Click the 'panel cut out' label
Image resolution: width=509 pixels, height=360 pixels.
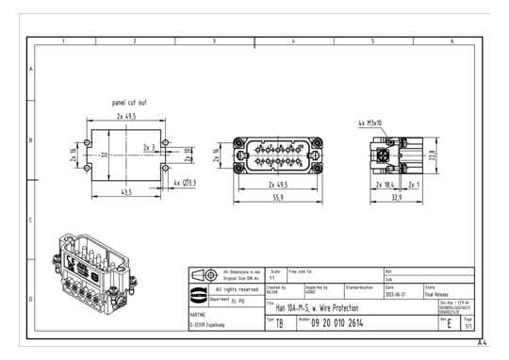pyautogui.click(x=129, y=101)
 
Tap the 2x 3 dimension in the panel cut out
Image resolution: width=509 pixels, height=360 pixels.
pyautogui.click(x=149, y=147)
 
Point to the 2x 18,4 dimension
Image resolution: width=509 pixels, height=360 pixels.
pyautogui.click(x=386, y=186)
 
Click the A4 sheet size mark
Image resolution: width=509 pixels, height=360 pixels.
pyautogui.click(x=483, y=344)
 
